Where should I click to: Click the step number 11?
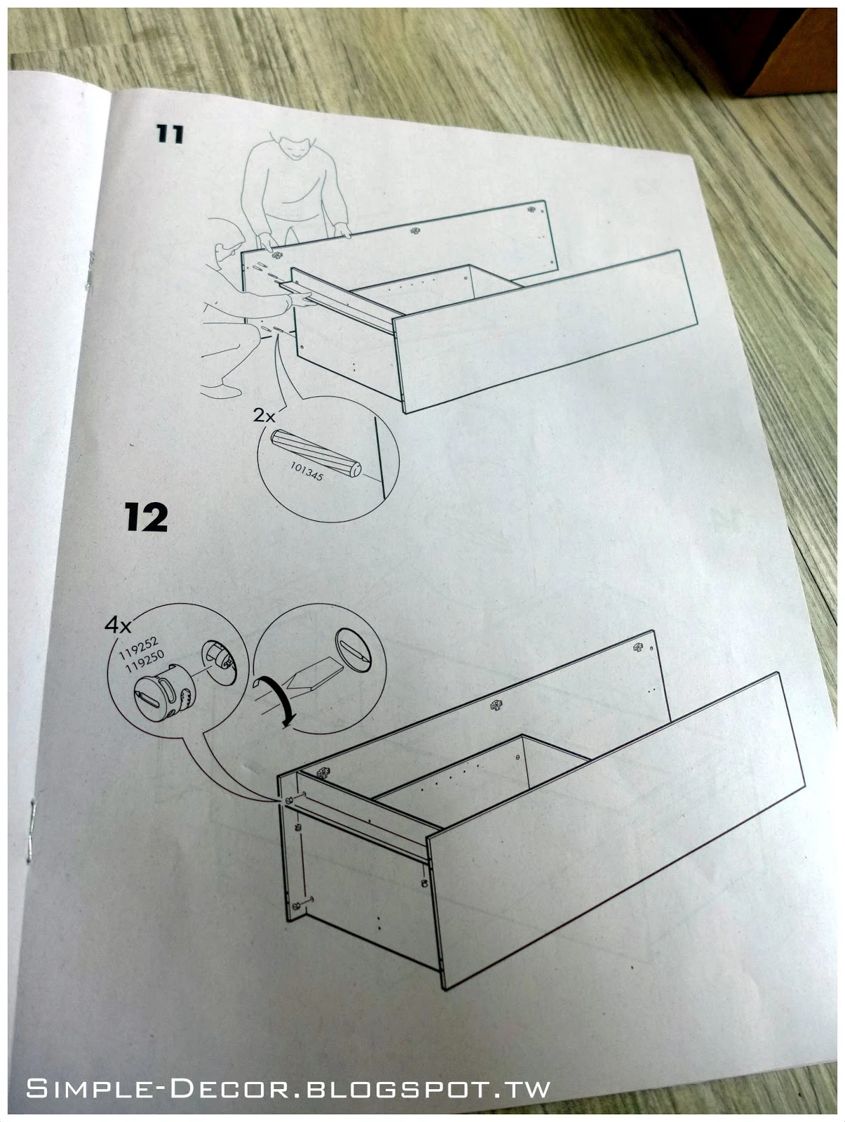click(170, 134)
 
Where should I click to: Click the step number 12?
click(146, 518)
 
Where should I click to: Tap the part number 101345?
click(306, 471)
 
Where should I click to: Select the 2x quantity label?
click(264, 415)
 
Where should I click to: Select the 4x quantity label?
click(118, 625)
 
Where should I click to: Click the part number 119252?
click(139, 647)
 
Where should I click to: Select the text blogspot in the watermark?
click(393, 1089)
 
